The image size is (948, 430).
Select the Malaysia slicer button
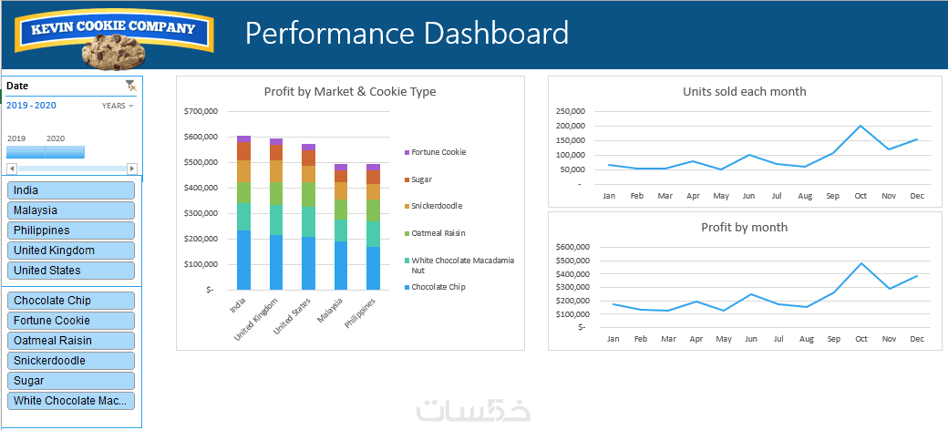(71, 210)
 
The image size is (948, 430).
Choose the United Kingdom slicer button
(71, 250)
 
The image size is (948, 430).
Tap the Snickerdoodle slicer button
(71, 361)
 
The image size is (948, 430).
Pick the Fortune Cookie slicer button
(71, 321)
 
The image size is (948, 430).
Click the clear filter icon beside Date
(130, 85)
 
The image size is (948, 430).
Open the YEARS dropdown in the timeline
(118, 106)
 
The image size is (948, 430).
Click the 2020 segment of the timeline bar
(65, 152)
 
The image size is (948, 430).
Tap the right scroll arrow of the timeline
(132, 168)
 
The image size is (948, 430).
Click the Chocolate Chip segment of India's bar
(243, 261)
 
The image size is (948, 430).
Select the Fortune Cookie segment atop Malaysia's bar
(341, 168)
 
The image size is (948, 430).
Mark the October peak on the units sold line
(860, 126)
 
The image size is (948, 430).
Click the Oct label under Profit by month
(860, 340)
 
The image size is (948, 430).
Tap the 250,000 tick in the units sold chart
(570, 112)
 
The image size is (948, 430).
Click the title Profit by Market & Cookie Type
(350, 92)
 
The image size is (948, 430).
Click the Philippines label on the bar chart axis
(360, 312)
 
